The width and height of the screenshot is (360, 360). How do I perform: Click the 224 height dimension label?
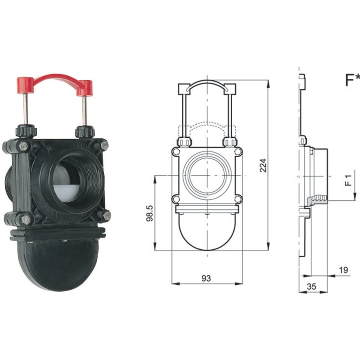point(263,165)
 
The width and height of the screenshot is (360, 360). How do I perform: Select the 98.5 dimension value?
point(150,213)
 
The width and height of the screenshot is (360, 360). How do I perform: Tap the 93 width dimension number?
point(206,278)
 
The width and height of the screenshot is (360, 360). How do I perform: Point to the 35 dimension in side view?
point(311,287)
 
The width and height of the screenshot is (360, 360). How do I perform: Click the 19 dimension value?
point(343,270)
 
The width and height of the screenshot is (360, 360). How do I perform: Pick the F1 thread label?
point(348,180)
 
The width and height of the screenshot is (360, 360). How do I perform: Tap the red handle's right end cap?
point(85,88)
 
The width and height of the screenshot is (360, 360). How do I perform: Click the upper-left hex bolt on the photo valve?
point(23,146)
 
